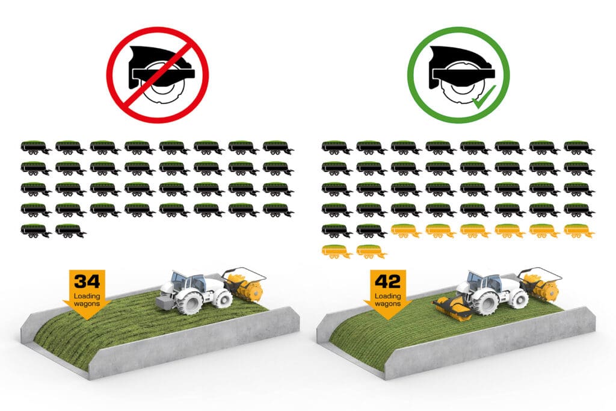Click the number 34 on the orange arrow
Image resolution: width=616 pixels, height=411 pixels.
click(x=87, y=282)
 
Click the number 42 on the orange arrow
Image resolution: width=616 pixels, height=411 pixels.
click(x=388, y=282)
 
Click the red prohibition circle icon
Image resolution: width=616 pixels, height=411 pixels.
click(x=158, y=75)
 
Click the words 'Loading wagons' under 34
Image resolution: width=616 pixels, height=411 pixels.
click(x=87, y=300)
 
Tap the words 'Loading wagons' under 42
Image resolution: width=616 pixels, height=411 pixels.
click(x=388, y=300)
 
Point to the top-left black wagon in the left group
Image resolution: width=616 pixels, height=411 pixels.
click(x=36, y=148)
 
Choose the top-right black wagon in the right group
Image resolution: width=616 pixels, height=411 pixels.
click(x=579, y=148)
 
